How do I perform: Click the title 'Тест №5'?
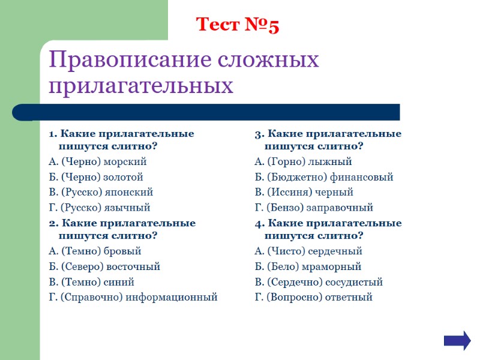(x=238, y=25)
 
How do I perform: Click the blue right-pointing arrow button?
(x=457, y=340)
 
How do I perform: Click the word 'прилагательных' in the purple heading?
(x=140, y=86)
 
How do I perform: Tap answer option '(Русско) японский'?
(x=101, y=193)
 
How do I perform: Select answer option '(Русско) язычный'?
(x=99, y=208)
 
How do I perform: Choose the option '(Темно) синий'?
(x=91, y=282)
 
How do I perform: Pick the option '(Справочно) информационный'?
(x=133, y=297)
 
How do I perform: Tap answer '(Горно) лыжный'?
(x=303, y=162)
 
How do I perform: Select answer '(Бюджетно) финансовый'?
(x=324, y=177)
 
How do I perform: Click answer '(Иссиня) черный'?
(x=304, y=193)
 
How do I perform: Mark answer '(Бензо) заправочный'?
(x=314, y=208)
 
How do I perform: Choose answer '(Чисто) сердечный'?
(x=308, y=251)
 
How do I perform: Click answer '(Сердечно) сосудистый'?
(x=319, y=282)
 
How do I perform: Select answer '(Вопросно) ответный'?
(x=313, y=297)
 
